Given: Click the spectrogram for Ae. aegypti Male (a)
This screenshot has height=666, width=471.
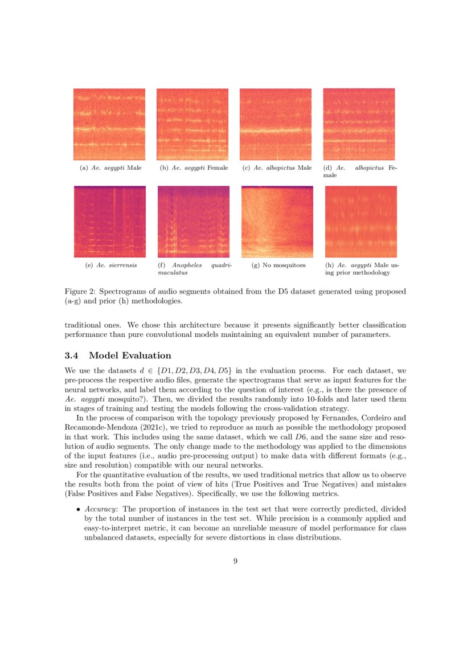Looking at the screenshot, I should pyautogui.click(x=109, y=124).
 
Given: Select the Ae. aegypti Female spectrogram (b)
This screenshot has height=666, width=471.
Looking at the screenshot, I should pyautogui.click(x=193, y=124).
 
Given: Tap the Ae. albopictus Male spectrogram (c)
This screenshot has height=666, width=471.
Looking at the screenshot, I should pyautogui.click(x=276, y=124).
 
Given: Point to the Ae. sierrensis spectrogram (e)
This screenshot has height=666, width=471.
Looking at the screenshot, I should pyautogui.click(x=109, y=222).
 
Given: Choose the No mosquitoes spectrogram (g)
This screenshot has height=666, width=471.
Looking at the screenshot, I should pyautogui.click(x=277, y=222).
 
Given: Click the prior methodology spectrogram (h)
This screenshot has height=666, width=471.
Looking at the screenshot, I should pyautogui.click(x=361, y=222).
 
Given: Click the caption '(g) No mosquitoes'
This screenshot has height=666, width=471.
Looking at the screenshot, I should pyautogui.click(x=278, y=265).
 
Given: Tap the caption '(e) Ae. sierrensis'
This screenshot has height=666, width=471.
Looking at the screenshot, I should pyautogui.click(x=107, y=265).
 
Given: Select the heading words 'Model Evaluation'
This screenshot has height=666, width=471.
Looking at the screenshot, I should pyautogui.click(x=130, y=356).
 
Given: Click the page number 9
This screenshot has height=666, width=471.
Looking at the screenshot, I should pyautogui.click(x=235, y=561).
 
